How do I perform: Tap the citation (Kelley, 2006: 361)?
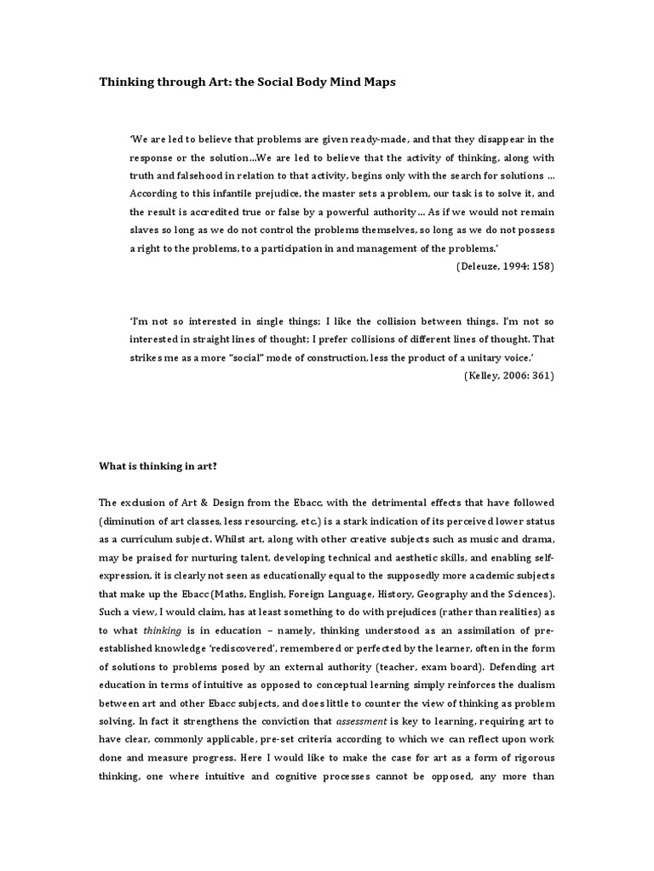508,376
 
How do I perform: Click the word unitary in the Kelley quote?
469,358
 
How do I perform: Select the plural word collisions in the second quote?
363,339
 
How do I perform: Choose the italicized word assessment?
362,720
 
